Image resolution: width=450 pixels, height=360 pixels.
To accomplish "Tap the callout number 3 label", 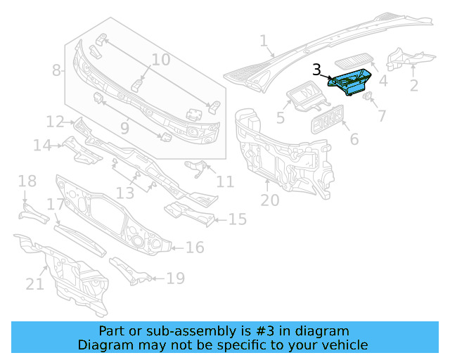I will click(317, 70).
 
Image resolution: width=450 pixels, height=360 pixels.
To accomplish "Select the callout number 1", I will click(263, 42).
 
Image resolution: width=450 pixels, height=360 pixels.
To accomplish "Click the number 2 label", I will click(413, 86).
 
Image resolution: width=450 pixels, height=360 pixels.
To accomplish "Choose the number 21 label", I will click(35, 284).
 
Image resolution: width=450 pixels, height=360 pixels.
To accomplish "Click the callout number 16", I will click(195, 247).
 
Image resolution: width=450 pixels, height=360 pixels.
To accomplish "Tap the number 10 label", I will click(161, 60).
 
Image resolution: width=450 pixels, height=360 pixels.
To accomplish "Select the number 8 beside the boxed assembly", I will click(57, 70).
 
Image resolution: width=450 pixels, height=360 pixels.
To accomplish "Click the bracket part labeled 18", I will click(31, 212).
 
